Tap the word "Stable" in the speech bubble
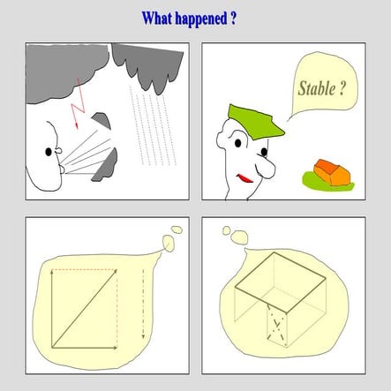(317, 88)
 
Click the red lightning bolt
(78, 103)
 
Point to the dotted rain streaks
(153, 125)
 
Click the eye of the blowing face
(49, 152)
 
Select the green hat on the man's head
(255, 122)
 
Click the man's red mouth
(244, 178)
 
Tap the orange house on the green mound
(332, 172)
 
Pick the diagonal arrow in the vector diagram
(85, 308)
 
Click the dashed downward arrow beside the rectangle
(143, 304)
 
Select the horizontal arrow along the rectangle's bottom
(85, 348)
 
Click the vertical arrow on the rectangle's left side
(52, 309)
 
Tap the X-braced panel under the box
(276, 326)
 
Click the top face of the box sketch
(281, 282)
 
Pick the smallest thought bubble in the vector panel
(177, 229)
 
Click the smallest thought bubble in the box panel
(226, 230)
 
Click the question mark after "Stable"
(342, 88)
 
